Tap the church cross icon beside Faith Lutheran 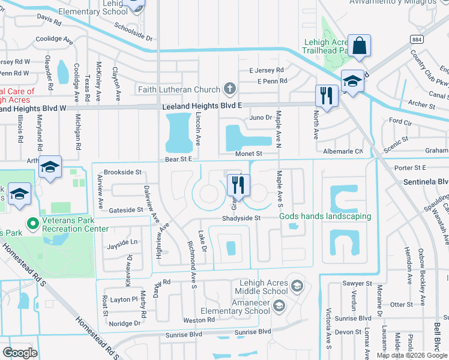pos(229,90)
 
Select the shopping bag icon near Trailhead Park pos(359,46)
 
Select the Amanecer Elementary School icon pos(279,307)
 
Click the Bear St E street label pos(178,160)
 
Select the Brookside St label pos(122,172)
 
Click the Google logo pos(20,353)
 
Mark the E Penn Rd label pos(272,81)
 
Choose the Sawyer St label pos(357,283)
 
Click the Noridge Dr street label pos(125,323)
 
